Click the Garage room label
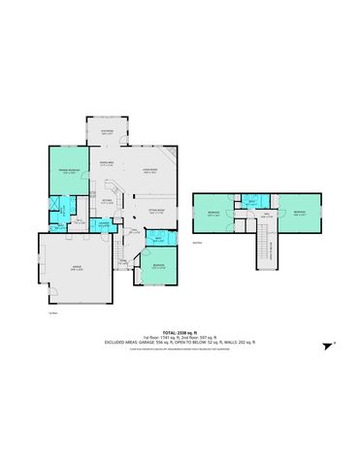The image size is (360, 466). coord(75,270)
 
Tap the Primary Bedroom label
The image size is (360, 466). coord(65,170)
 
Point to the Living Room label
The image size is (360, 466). coord(150,170)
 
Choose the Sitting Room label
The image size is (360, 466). coord(155,211)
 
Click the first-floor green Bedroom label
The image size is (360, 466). coord(157,267)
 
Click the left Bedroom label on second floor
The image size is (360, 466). coord(213,212)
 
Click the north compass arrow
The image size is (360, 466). coord(327,344)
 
